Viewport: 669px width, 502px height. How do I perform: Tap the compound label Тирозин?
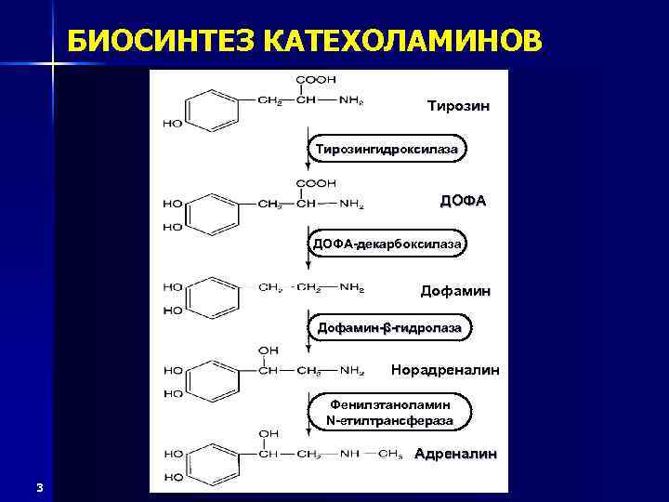click(457, 105)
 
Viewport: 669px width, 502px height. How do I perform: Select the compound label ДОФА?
click(463, 200)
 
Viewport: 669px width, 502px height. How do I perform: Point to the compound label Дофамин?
click(455, 291)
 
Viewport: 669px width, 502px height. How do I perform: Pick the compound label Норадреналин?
click(445, 370)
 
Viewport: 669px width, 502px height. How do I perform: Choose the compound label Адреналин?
click(455, 455)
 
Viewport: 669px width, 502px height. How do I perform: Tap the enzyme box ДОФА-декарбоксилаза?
click(387, 244)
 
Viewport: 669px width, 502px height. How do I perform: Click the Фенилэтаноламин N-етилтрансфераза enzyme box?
click(391, 413)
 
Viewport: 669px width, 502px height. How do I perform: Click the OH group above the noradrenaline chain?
click(268, 350)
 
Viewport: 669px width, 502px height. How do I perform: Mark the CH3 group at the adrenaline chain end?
click(390, 455)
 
